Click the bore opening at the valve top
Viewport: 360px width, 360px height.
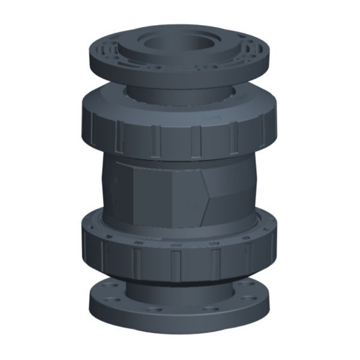click(x=174, y=42)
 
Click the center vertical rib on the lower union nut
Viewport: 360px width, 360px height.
click(x=175, y=264)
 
